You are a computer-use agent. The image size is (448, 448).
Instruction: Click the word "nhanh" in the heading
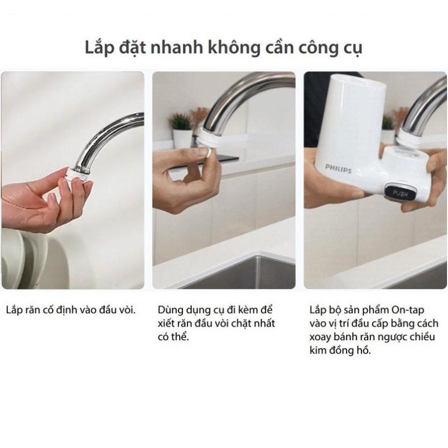[x=171, y=47]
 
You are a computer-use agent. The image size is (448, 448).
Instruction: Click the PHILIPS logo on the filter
[x=339, y=167]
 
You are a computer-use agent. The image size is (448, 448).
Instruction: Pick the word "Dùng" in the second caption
[x=170, y=309]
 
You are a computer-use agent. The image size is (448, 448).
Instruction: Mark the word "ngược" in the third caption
[x=389, y=337]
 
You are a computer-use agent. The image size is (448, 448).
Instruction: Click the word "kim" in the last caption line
[x=318, y=351]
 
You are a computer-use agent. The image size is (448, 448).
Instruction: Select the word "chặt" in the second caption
[x=239, y=323]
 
